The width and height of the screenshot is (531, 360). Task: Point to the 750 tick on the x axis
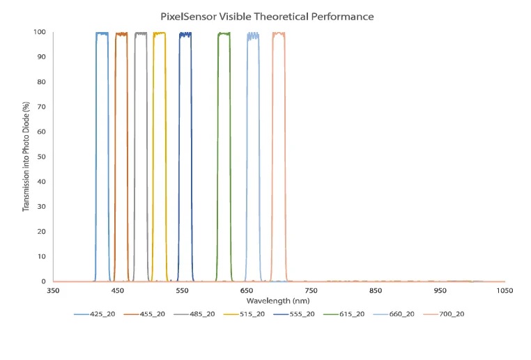[311, 290]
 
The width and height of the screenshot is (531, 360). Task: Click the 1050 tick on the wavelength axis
[505, 290]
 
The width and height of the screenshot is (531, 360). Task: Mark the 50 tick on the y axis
[41, 157]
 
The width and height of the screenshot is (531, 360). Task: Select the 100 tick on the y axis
[39, 32]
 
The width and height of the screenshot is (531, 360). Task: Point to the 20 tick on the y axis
[41, 231]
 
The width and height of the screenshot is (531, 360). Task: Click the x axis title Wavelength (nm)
[278, 300]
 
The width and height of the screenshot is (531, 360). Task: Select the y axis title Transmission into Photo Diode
[26, 157]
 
